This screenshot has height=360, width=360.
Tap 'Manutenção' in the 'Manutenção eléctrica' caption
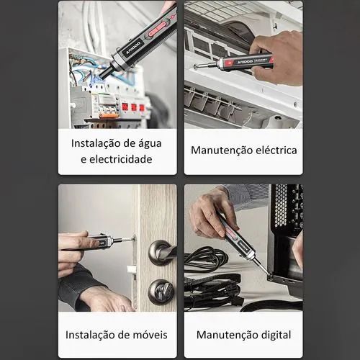219,150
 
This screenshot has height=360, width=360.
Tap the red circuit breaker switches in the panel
132,106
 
